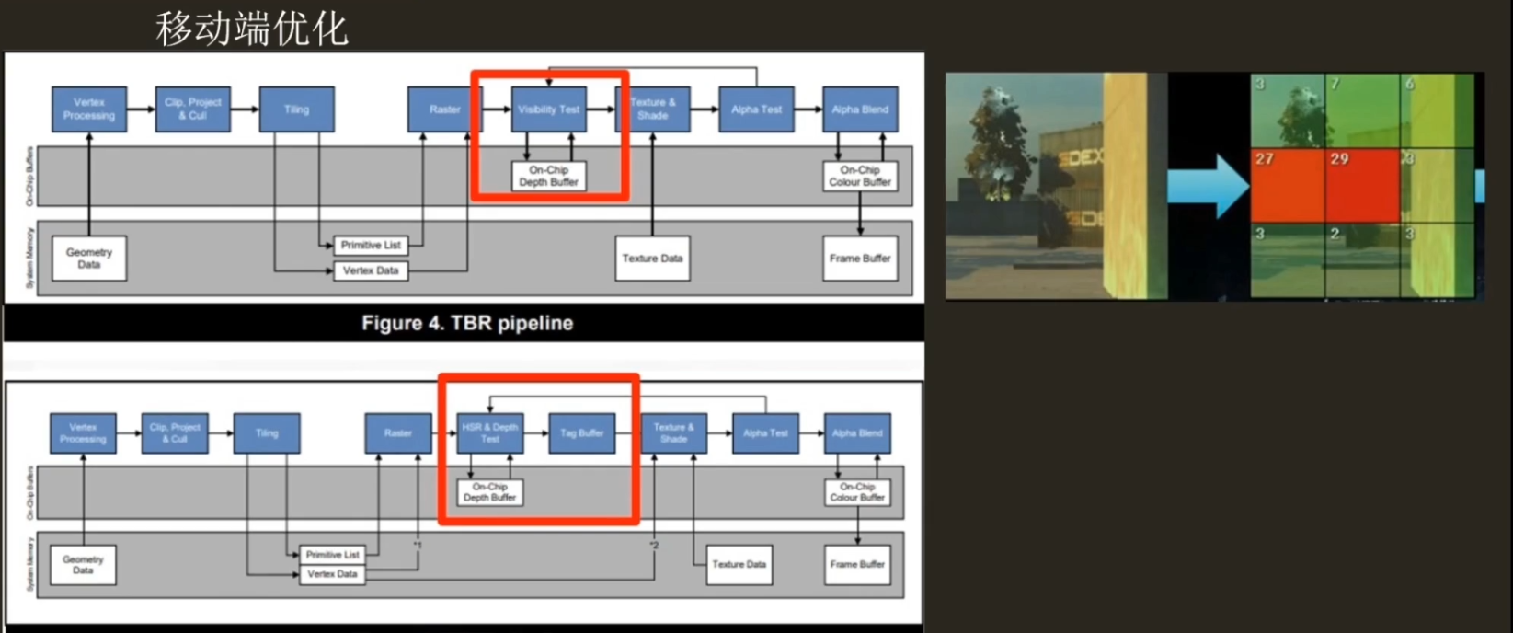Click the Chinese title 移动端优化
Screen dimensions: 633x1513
tap(252, 29)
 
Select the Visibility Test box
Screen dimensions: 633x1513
tap(549, 109)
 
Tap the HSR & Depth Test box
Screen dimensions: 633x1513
tap(489, 432)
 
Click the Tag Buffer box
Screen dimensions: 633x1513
tap(581, 432)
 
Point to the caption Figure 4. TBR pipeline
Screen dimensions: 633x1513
tap(467, 323)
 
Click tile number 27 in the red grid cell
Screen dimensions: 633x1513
tap(1265, 159)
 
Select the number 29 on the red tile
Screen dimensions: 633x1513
tap(1338, 159)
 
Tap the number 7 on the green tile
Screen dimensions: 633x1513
tap(1335, 85)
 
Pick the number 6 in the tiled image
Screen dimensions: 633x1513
tap(1409, 85)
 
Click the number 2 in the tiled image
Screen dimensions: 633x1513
tap(1335, 234)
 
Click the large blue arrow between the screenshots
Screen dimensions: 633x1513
tap(1208, 185)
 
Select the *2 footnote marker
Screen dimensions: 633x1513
tap(654, 546)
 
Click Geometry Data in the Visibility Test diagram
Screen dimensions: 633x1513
tap(89, 258)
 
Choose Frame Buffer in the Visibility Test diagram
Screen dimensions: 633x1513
tap(860, 259)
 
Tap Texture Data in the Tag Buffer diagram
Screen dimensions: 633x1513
tap(739, 564)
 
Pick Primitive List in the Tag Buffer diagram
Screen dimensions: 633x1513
tap(332, 555)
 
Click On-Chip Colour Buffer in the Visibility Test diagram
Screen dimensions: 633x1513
tap(860, 176)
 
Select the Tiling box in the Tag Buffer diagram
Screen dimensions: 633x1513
tap(267, 432)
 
